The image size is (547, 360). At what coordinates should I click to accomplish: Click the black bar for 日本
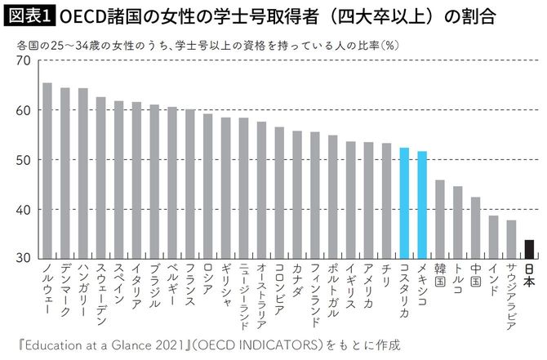(x=528, y=249)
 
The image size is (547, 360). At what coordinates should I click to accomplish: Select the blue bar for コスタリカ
(x=403, y=203)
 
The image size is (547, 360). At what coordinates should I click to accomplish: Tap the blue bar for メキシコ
(x=421, y=205)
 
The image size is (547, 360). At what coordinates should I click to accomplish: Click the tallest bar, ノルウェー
(x=47, y=171)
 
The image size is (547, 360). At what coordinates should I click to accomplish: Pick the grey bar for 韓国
(x=439, y=220)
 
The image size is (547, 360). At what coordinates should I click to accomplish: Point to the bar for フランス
(x=189, y=184)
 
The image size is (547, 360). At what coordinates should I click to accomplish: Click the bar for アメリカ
(x=367, y=200)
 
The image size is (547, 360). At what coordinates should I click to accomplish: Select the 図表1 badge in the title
(x=29, y=16)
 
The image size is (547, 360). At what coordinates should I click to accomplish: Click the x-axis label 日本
(x=528, y=277)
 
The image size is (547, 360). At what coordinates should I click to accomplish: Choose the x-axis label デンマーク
(x=64, y=290)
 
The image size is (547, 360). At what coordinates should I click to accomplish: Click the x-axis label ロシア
(x=207, y=281)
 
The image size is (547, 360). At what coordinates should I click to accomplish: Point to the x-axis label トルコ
(x=457, y=281)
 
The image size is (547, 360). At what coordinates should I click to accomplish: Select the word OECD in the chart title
(x=80, y=16)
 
